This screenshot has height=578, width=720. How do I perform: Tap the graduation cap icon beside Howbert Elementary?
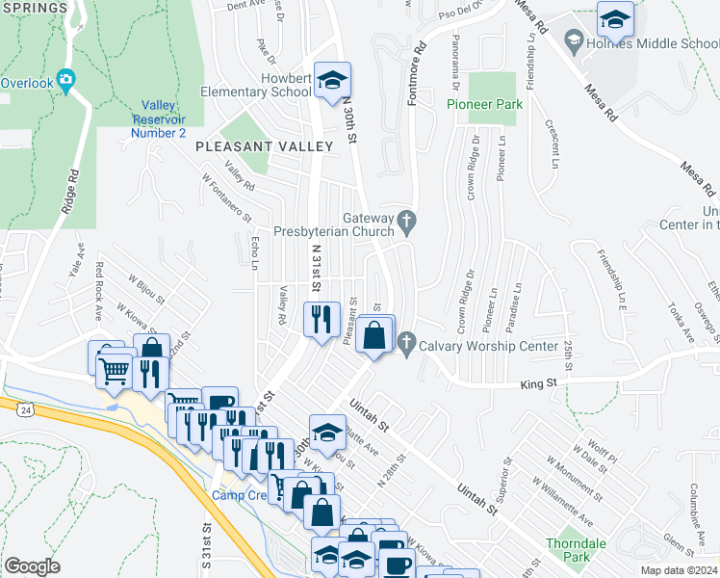coord(332,81)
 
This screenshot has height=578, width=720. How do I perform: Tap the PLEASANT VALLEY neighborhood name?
coord(265,146)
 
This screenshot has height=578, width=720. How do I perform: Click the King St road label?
coord(539,383)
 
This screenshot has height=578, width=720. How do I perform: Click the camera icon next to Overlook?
coord(66,82)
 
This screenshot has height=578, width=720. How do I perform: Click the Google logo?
coord(33,565)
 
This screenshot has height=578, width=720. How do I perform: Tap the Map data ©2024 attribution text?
coord(679,570)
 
